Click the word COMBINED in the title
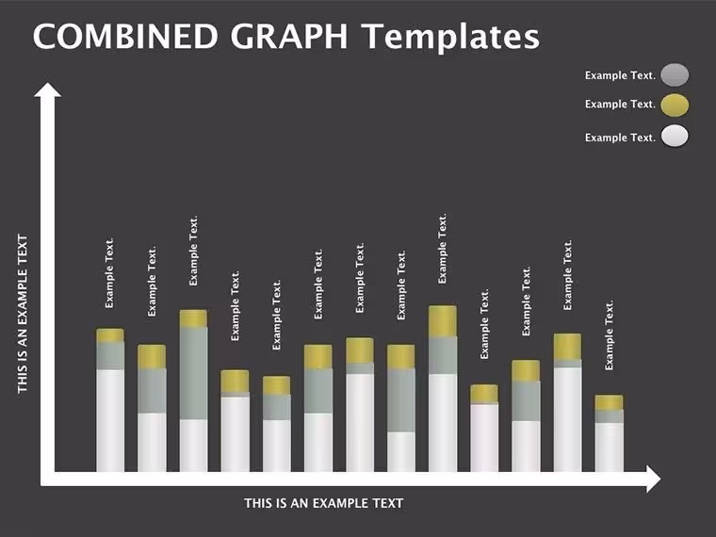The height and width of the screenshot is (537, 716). pos(125,36)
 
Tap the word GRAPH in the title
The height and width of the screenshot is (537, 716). pos(289,36)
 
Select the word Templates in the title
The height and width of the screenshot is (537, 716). pos(450,38)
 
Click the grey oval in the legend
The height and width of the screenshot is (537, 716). pos(675,74)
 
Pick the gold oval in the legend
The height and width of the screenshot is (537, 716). pos(675,105)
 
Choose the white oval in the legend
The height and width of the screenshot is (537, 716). pos(675,136)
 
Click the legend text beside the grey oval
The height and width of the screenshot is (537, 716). pos(620,75)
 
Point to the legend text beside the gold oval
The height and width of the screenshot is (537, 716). pos(620,105)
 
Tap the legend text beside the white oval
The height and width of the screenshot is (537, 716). pos(620,138)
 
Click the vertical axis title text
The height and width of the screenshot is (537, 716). pos(23,314)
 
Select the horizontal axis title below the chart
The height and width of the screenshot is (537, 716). pos(324,503)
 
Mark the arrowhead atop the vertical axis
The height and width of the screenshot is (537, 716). pos(47,89)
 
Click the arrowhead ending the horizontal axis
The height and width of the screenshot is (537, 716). pos(654,479)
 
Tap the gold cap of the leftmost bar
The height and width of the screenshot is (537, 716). pos(110,335)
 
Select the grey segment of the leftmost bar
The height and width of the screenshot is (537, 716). pos(110,356)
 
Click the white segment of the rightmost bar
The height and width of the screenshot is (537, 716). pos(610,447)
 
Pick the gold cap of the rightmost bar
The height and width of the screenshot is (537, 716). pos(610,403)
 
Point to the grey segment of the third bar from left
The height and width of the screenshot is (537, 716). pos(193,373)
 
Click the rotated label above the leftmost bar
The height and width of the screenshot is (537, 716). pos(109,273)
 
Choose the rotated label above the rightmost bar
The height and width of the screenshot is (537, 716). pos(610,335)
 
